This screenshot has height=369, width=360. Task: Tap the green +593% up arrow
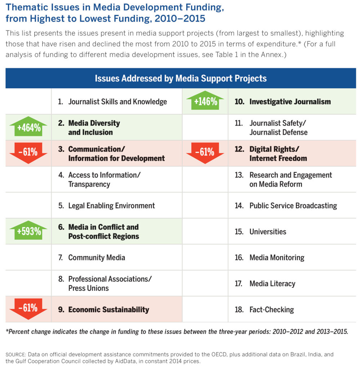click(x=28, y=231)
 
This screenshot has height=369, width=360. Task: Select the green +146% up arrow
click(x=205, y=101)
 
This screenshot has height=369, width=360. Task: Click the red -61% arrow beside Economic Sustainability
click(x=28, y=308)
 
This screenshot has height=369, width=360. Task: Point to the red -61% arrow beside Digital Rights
click(x=205, y=152)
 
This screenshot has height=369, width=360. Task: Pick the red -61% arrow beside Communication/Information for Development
click(x=28, y=152)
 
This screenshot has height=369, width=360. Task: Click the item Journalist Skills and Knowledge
click(x=117, y=102)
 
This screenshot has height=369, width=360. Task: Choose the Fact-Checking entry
click(x=271, y=310)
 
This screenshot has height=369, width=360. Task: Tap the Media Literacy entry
click(x=272, y=284)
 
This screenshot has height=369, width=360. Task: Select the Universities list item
click(x=268, y=232)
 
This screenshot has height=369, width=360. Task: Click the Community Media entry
click(x=97, y=258)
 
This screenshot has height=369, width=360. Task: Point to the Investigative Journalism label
click(x=290, y=102)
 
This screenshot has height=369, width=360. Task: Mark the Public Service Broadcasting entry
click(x=293, y=206)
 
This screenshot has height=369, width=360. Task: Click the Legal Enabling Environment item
click(x=111, y=206)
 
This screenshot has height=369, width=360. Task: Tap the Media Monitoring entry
click(x=277, y=258)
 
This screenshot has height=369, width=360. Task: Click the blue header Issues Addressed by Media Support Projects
click(x=181, y=78)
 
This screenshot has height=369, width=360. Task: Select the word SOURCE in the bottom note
click(x=15, y=355)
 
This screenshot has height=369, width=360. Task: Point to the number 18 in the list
click(x=239, y=310)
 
